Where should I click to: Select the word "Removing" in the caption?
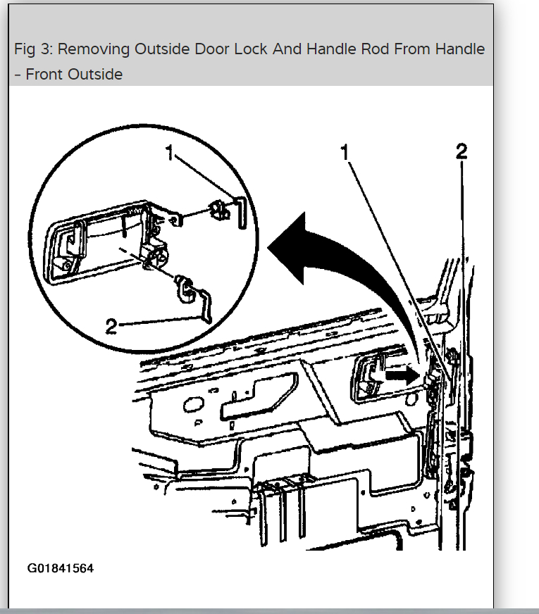[89, 49]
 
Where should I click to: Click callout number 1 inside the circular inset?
[170, 153]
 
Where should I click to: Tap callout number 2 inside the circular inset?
[110, 325]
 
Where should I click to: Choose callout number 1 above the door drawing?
[345, 153]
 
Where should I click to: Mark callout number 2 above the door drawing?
[461, 151]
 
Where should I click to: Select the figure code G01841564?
[61, 568]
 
